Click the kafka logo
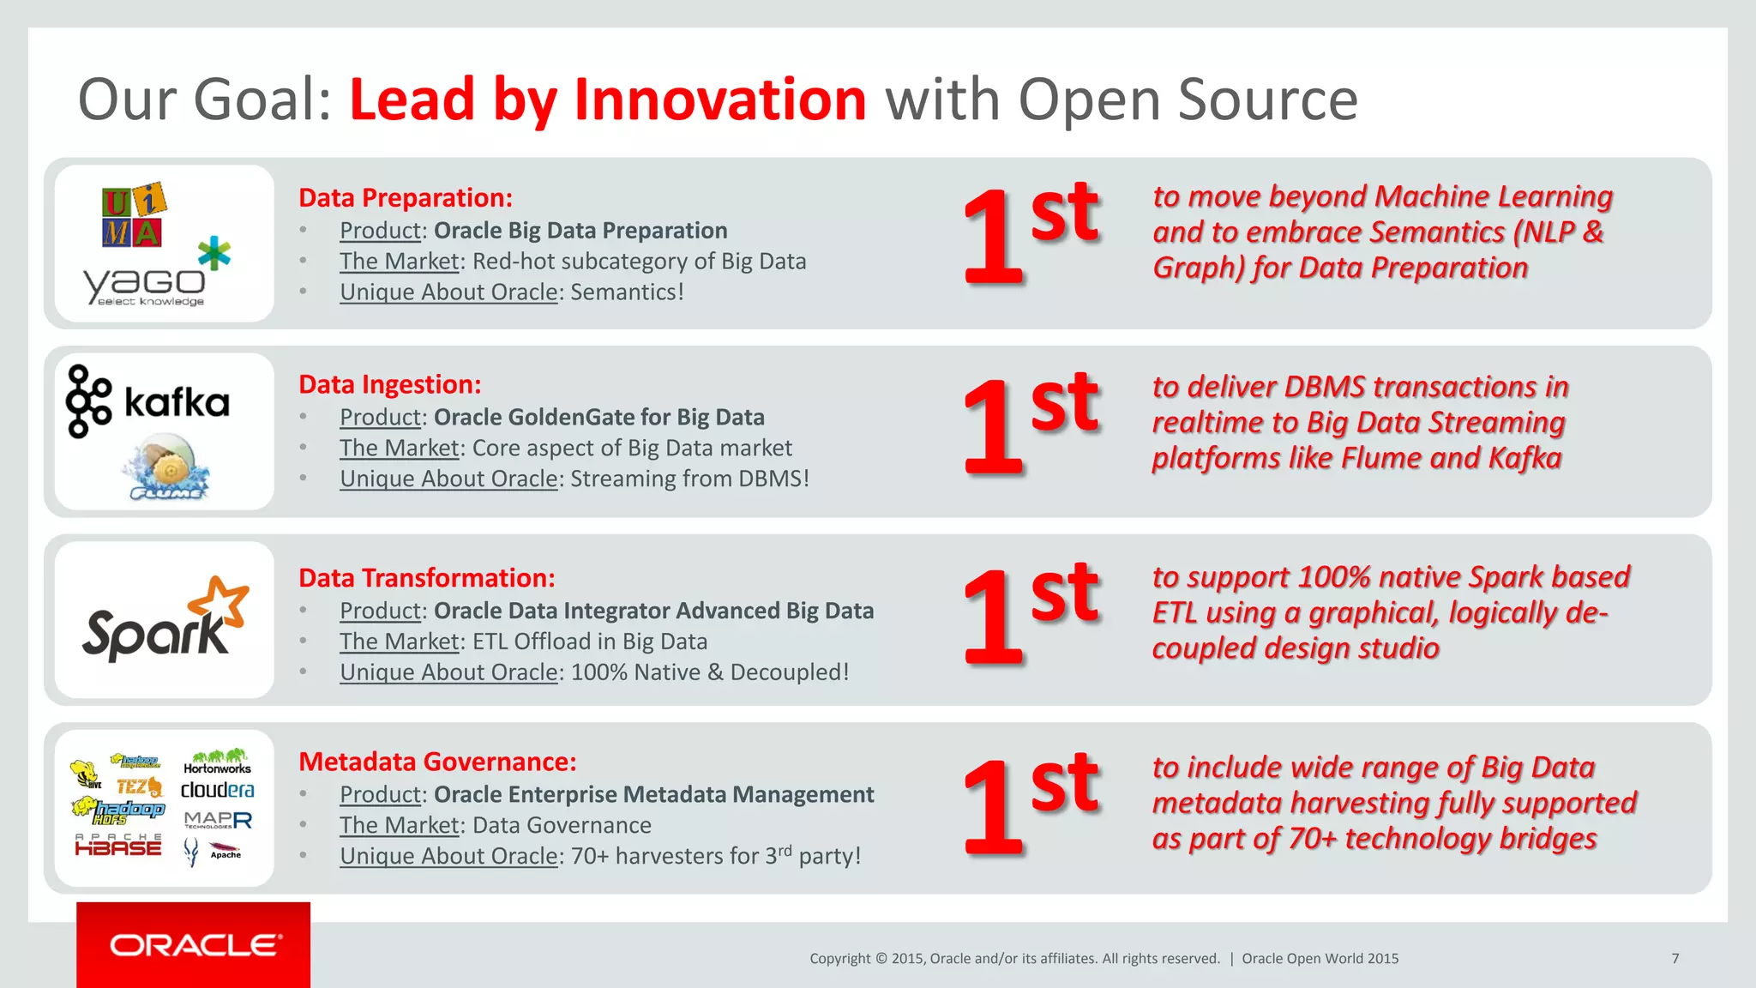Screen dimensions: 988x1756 [148, 401]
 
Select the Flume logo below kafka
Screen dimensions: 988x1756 [167, 468]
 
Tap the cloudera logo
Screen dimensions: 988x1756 [217, 790]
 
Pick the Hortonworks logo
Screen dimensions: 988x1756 [218, 762]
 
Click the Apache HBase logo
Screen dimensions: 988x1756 [118, 846]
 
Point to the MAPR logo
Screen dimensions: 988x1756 [218, 820]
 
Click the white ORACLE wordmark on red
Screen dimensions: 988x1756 [195, 945]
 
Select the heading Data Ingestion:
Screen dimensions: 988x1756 [389, 385]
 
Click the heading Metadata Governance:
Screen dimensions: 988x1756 [437, 762]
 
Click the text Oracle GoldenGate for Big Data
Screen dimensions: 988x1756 [598, 418]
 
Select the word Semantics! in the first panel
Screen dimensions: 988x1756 [627, 292]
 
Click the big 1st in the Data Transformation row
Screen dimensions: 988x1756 [1029, 616]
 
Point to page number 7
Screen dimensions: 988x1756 [1675, 959]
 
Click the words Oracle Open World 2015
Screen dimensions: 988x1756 [1320, 959]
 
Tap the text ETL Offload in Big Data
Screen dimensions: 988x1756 [590, 642]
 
